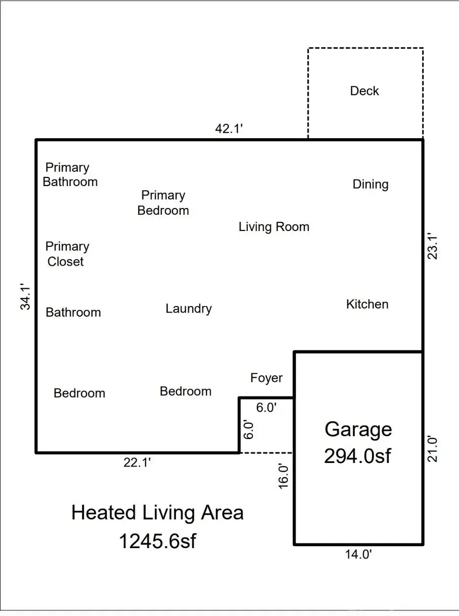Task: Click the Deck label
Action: [364, 91]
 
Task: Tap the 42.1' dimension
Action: [229, 129]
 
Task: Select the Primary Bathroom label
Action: [70, 174]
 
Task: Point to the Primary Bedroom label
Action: [163, 202]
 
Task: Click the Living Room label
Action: [274, 227]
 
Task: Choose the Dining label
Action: [370, 184]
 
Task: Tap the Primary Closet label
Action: [67, 254]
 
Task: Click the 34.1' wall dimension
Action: [26, 296]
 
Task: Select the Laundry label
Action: [188, 309]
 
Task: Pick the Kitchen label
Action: [367, 304]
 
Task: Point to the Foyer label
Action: [266, 378]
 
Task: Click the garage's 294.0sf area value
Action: [358, 456]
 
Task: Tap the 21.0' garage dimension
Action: [432, 448]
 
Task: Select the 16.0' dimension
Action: [284, 476]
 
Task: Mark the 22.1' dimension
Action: [137, 463]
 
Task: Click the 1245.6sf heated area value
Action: [157, 541]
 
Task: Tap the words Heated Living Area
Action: [157, 512]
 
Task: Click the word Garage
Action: [358, 429]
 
